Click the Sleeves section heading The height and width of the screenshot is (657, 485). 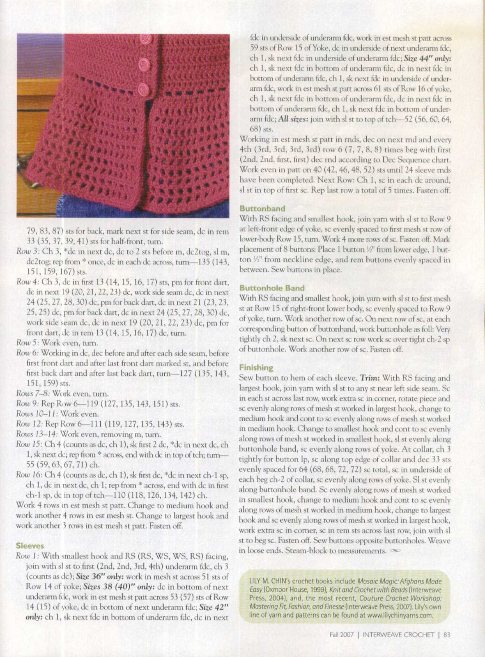pyautogui.click(x=30, y=546)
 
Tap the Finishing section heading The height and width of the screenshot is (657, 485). pyautogui.click(x=256, y=368)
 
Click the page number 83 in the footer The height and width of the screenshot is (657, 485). pyautogui.click(x=447, y=634)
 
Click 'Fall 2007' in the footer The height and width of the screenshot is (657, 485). pyautogui.click(x=341, y=634)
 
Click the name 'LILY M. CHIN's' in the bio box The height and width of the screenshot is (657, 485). pyautogui.click(x=269, y=581)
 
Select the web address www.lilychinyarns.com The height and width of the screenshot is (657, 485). pyautogui.click(x=397, y=615)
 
